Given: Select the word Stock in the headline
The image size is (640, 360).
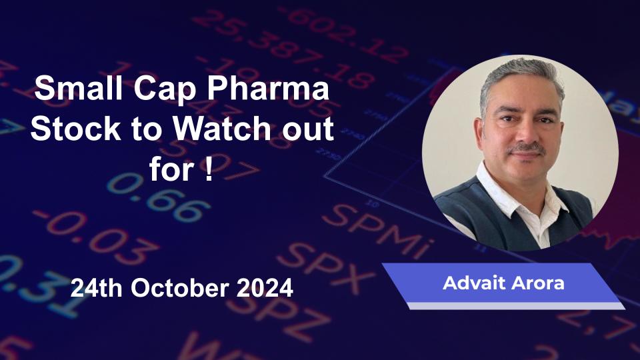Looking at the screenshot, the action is (x=75, y=128).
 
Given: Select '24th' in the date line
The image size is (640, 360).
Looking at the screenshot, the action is (x=96, y=288).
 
